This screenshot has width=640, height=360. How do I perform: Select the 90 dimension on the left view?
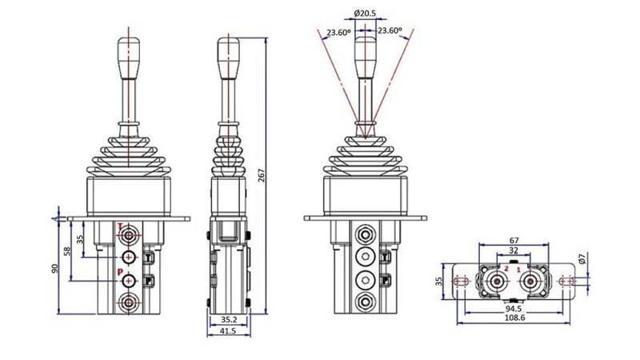tap(55, 269)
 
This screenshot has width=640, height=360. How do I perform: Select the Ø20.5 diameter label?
tap(365, 14)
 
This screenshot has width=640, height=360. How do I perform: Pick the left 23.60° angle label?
tap(338, 33)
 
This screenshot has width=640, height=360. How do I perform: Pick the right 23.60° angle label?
tap(390, 31)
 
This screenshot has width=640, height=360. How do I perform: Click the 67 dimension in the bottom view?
tap(514, 239)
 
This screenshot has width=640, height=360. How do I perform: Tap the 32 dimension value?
tap(514, 251)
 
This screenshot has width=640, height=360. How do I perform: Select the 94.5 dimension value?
tap(514, 307)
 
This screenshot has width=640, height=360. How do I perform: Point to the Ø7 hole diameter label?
tap(591, 258)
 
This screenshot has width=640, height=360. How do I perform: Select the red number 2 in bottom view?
tap(506, 270)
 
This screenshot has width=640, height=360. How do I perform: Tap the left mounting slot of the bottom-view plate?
tap(462, 282)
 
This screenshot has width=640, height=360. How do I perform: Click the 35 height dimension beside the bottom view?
tap(438, 281)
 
